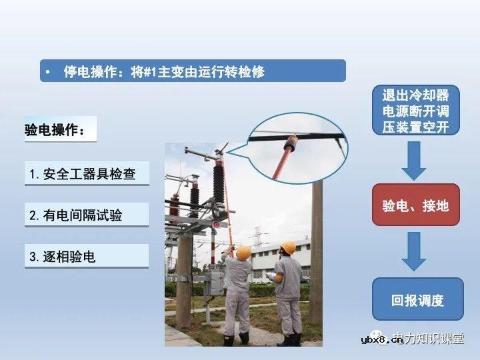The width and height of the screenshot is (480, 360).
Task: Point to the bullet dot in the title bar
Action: pos(47,71)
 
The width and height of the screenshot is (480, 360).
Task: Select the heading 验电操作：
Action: pos(56,129)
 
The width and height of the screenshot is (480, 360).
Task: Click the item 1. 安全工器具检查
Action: pos(83,174)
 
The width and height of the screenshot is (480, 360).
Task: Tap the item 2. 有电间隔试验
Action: pos(76,215)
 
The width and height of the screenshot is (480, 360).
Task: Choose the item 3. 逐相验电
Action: pos(63,257)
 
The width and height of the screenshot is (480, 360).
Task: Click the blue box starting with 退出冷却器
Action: pos(415,110)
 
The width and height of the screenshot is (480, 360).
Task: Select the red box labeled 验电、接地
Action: pos(415,205)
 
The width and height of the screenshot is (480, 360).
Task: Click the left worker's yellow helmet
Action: pos(243,252)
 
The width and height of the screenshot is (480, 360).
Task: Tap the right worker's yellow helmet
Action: pos(288,248)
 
